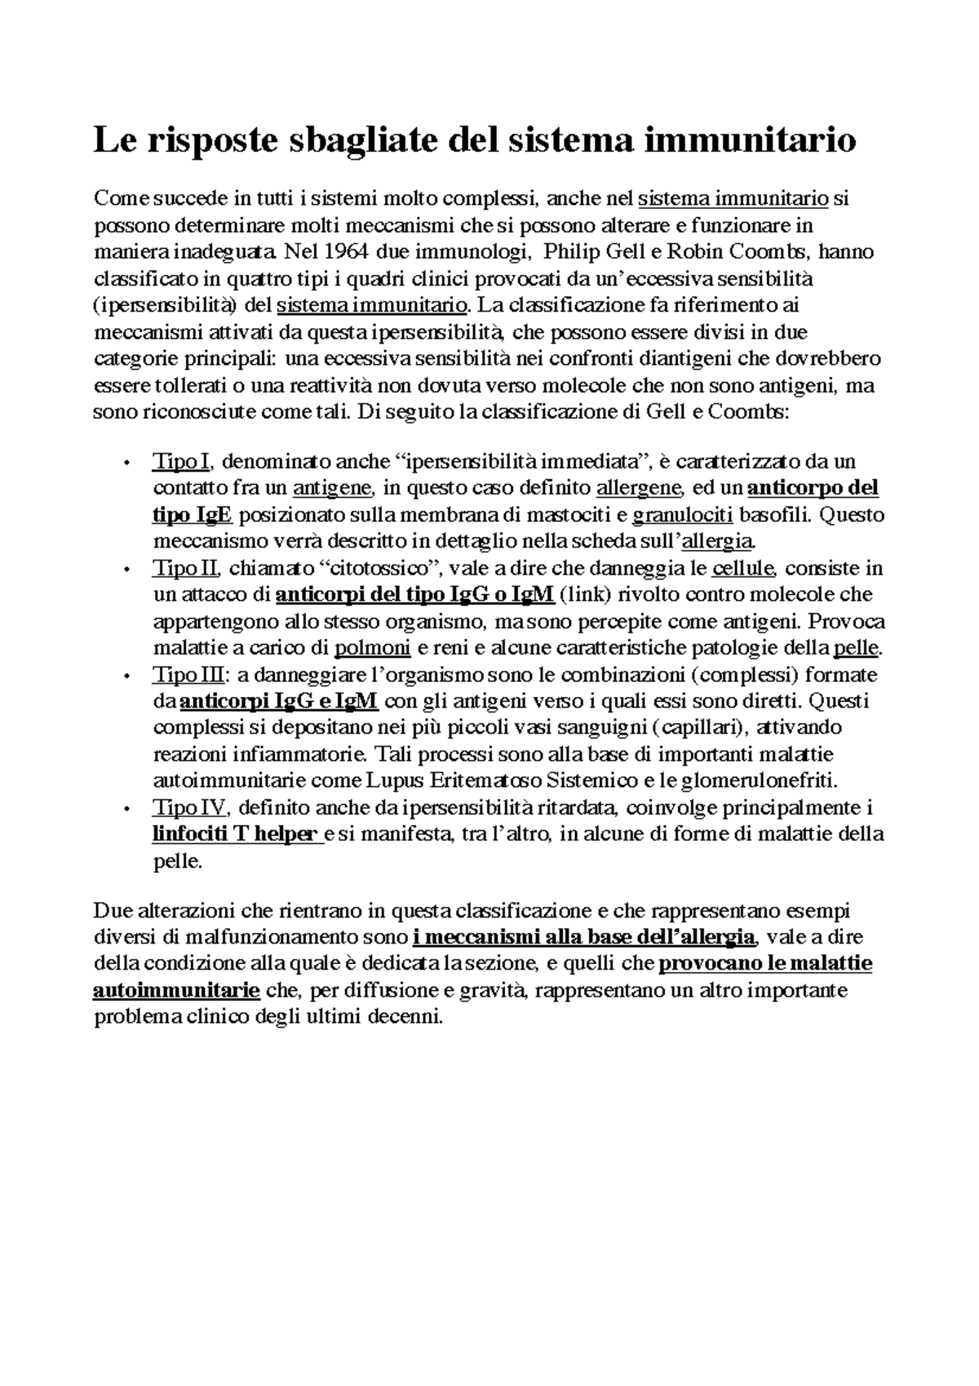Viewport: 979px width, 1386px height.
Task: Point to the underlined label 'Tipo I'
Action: (x=181, y=462)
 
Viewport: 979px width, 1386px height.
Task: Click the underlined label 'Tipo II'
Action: (x=185, y=568)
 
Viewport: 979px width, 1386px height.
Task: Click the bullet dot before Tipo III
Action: (x=126, y=677)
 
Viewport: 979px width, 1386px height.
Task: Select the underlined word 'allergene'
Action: (x=639, y=489)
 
